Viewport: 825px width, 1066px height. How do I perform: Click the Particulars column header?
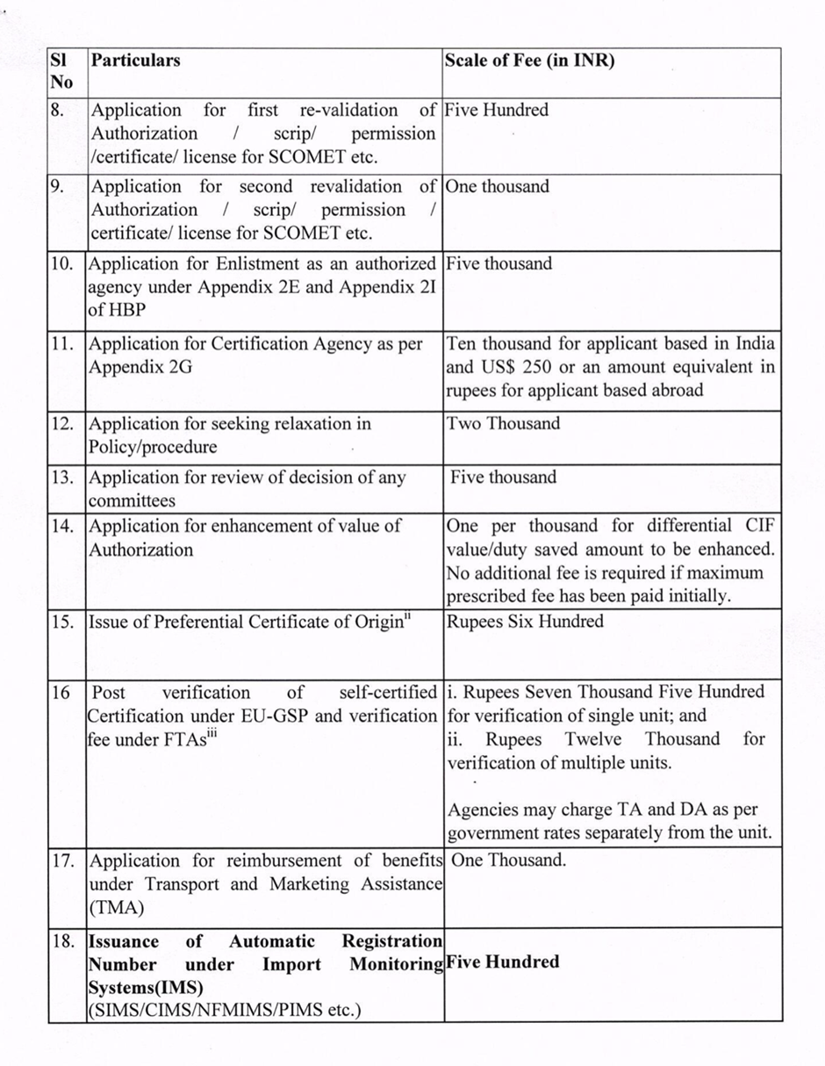point(136,61)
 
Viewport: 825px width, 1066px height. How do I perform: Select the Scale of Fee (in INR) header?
point(529,61)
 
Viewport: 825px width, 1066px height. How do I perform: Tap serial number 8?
point(58,111)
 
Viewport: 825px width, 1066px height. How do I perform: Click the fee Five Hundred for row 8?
point(497,111)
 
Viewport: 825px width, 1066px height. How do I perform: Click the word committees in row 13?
point(131,501)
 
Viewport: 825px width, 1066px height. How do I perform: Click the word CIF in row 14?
point(760,526)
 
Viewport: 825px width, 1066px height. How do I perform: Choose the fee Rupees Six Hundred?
point(525,622)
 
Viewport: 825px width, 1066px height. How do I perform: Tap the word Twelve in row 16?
point(592,739)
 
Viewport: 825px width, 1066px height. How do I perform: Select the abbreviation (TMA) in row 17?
point(116,908)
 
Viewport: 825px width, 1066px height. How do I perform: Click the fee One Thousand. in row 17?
point(509,861)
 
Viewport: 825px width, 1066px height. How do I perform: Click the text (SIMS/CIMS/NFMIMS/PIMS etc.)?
point(224,1010)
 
